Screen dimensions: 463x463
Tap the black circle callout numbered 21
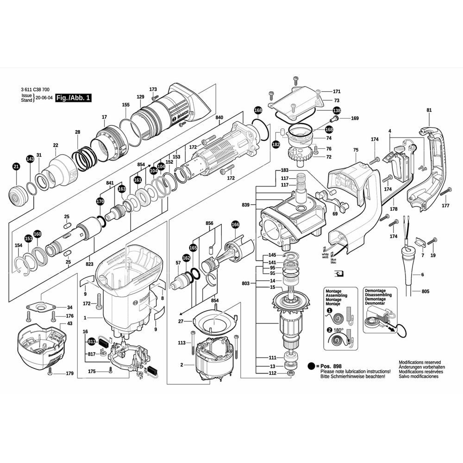16,167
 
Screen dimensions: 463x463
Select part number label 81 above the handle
429,110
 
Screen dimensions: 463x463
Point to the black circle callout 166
235,225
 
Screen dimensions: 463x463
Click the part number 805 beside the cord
425,292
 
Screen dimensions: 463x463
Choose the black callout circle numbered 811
91,342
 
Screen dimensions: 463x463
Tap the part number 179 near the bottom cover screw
69,373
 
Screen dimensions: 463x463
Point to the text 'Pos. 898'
332,366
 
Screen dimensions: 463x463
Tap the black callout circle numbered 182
276,145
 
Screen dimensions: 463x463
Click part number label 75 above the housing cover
356,150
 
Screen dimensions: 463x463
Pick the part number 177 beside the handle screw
445,205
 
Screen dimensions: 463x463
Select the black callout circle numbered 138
337,111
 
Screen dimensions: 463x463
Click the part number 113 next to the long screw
182,343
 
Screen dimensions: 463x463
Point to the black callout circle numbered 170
100,201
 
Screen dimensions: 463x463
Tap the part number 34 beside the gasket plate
69,307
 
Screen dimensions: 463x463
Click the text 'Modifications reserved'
419,363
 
